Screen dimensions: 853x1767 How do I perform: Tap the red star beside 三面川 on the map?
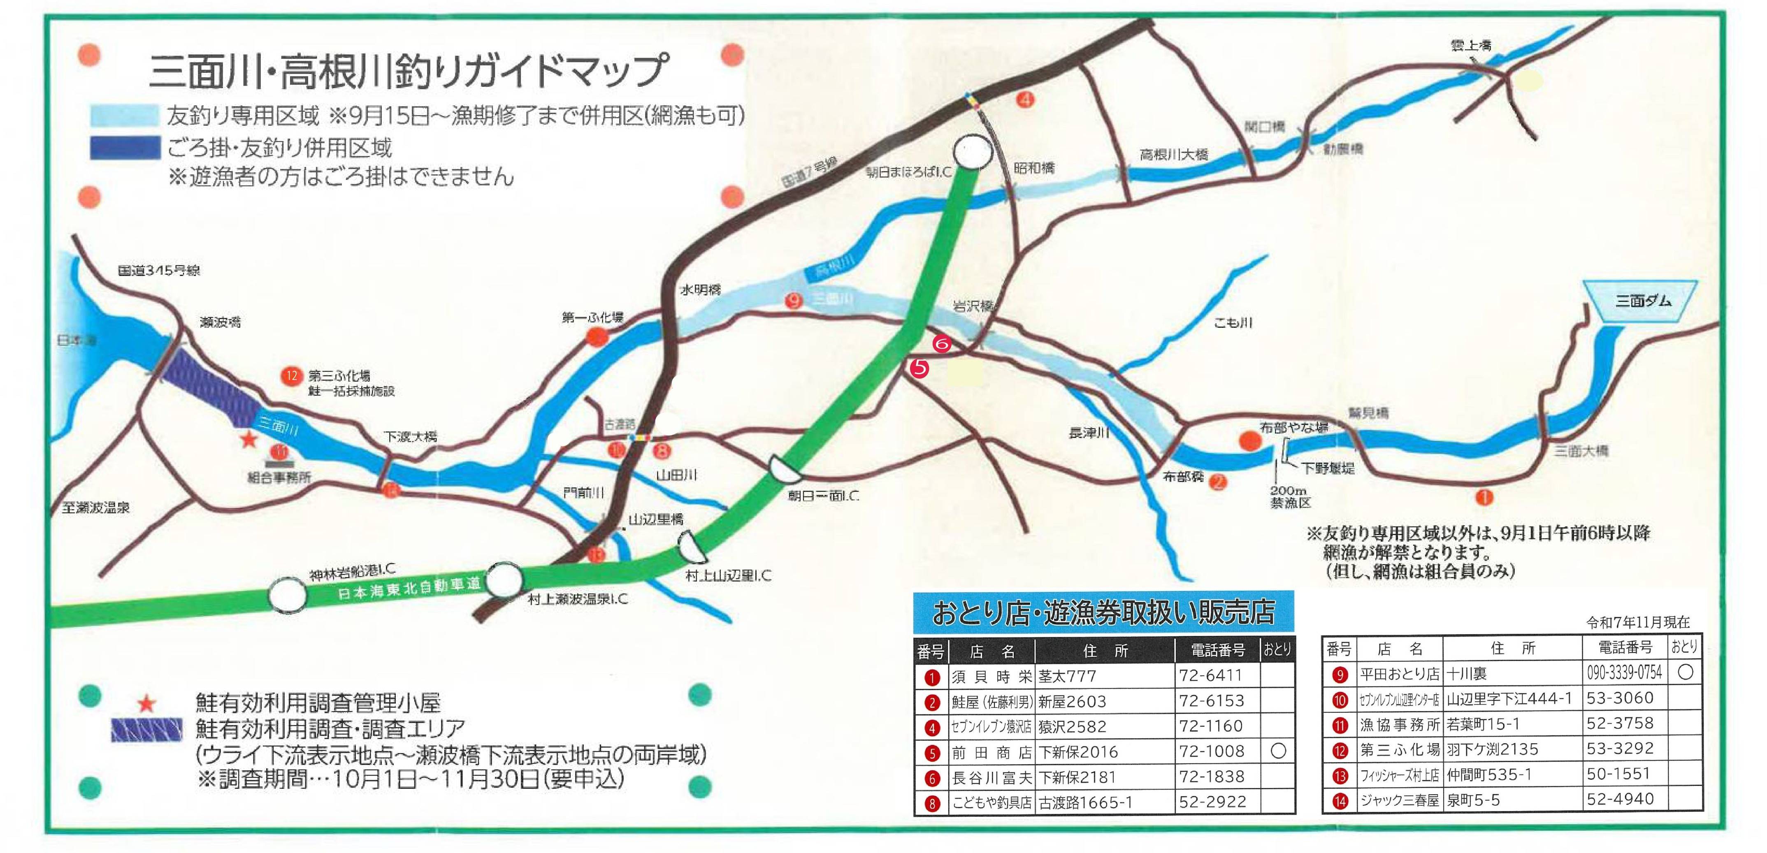[248, 440]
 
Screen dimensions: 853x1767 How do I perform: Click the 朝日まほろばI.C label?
[909, 172]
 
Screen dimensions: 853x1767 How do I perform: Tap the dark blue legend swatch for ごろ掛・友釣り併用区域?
[125, 148]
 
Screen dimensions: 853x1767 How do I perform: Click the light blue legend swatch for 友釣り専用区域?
[125, 115]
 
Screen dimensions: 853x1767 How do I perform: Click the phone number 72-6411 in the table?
[1211, 675]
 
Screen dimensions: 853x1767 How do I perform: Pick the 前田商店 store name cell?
[991, 752]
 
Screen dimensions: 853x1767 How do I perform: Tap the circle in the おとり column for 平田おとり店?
[1686, 673]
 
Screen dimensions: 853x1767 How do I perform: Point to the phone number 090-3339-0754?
[1624, 673]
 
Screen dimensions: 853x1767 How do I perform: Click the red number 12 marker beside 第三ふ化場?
[292, 376]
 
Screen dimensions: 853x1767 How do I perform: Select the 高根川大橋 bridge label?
[1174, 155]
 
